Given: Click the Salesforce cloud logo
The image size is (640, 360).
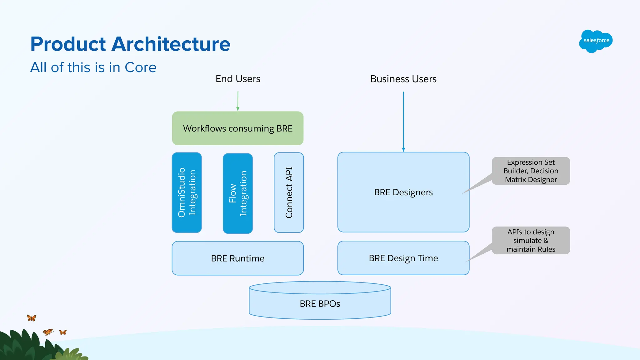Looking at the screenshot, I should [x=596, y=41].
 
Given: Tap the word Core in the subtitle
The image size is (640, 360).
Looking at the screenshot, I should [x=140, y=67].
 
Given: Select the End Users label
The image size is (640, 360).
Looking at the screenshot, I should [x=238, y=79].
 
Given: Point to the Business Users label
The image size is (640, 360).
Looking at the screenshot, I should [x=403, y=79].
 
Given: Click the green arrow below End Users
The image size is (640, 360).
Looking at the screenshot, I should [x=238, y=101].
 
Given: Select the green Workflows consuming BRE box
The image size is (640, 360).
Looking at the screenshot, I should [x=237, y=128].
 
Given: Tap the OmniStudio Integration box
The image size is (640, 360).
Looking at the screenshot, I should [x=187, y=192].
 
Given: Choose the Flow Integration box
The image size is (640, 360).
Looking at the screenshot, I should [x=237, y=193].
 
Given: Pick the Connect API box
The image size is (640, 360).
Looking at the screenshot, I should [x=289, y=192].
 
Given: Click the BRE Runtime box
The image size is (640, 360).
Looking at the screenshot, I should [x=237, y=258].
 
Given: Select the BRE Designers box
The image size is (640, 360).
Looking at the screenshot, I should [x=403, y=192].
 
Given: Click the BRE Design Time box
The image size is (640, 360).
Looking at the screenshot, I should [x=403, y=258].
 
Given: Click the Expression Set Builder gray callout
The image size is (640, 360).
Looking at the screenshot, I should [x=531, y=171].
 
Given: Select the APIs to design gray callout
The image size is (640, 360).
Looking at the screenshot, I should [x=531, y=240].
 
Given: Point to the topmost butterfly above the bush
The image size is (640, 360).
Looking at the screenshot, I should [x=32, y=318].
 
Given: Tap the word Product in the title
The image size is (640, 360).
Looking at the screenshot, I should [x=68, y=44].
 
